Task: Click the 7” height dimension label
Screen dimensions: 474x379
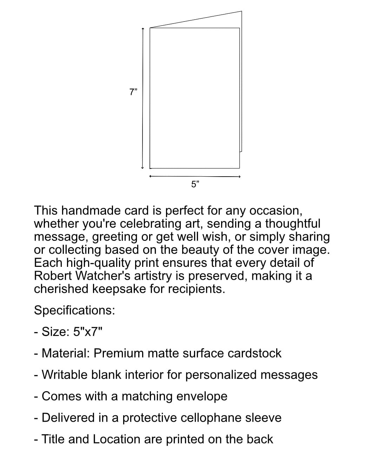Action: click(133, 92)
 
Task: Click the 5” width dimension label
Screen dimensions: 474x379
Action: click(195, 184)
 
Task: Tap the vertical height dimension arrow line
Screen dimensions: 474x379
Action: click(142, 98)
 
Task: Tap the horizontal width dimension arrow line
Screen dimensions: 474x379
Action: click(195, 176)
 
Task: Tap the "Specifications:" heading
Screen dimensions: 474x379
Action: click(74, 310)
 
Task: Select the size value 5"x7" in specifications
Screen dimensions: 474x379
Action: click(88, 331)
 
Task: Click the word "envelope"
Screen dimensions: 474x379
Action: click(202, 396)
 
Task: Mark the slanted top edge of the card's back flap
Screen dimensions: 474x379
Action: click(196, 19)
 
